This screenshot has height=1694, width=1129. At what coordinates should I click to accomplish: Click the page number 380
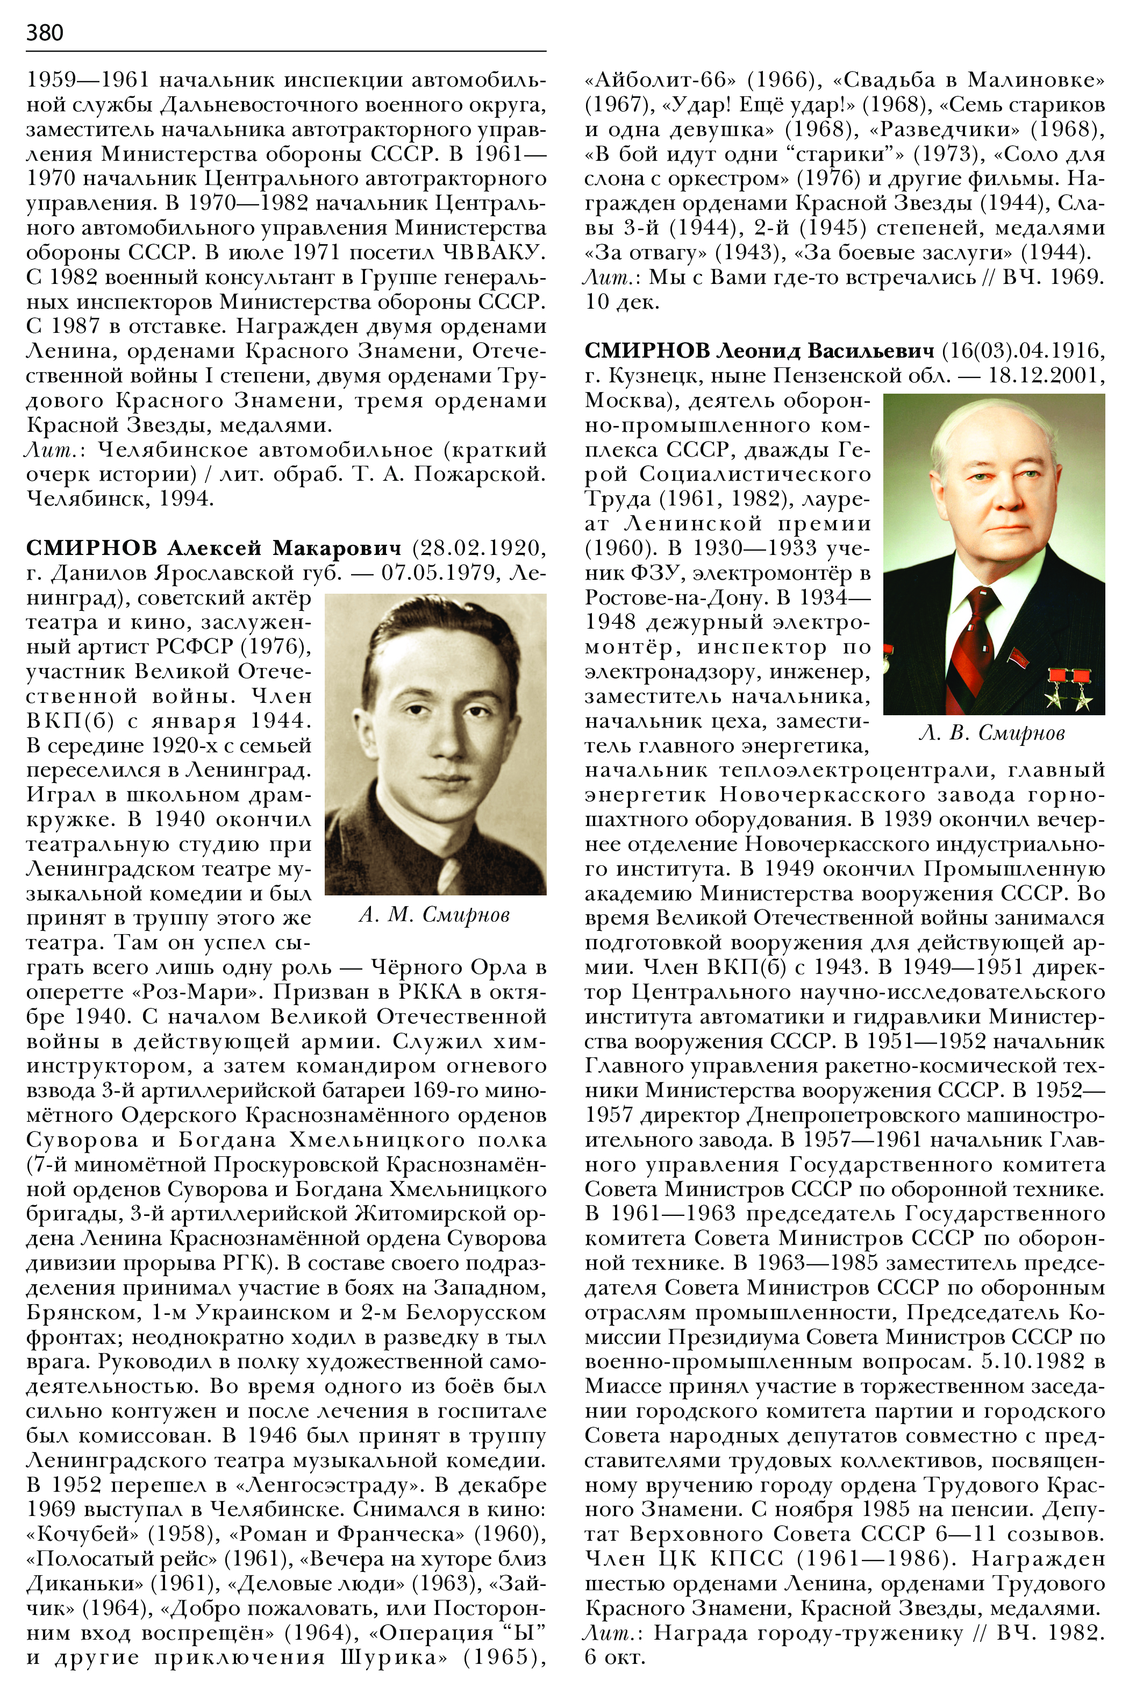click(45, 32)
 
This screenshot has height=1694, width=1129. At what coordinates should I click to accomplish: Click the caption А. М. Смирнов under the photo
click(434, 915)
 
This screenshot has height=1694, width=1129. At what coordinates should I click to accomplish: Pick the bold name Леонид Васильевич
click(827, 351)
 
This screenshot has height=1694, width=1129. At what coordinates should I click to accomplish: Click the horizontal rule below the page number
click(286, 51)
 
